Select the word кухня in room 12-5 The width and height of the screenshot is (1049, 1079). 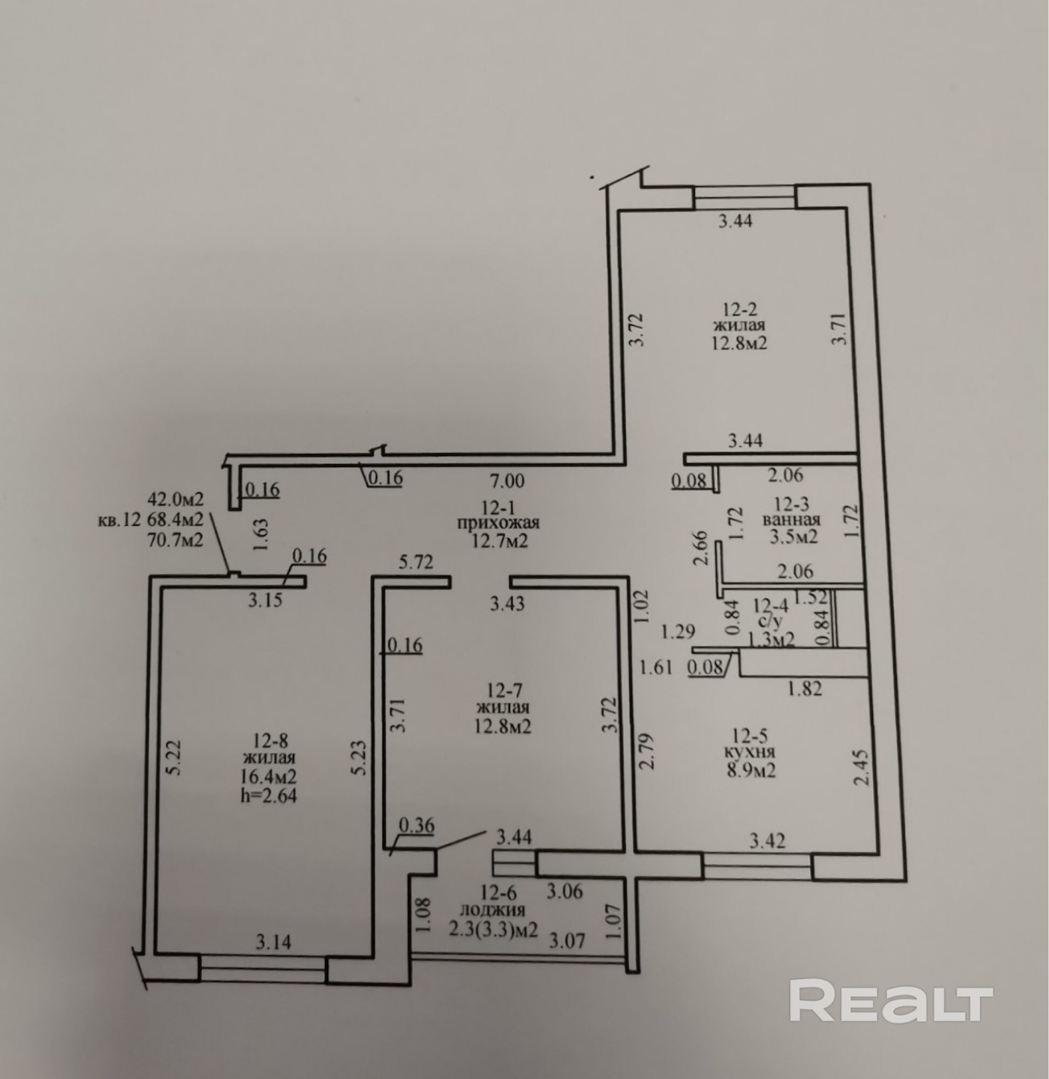tap(750, 752)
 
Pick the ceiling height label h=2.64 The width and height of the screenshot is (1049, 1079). tap(268, 795)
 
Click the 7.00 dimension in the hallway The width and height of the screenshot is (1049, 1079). tap(507, 481)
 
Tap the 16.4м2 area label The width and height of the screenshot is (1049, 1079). tap(268, 776)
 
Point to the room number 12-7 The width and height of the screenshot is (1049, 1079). tap(503, 689)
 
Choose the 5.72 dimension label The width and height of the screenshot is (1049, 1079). tap(416, 562)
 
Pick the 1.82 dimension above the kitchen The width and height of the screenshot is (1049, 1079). tap(805, 688)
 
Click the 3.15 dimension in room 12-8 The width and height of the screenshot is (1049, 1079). tap(264, 599)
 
